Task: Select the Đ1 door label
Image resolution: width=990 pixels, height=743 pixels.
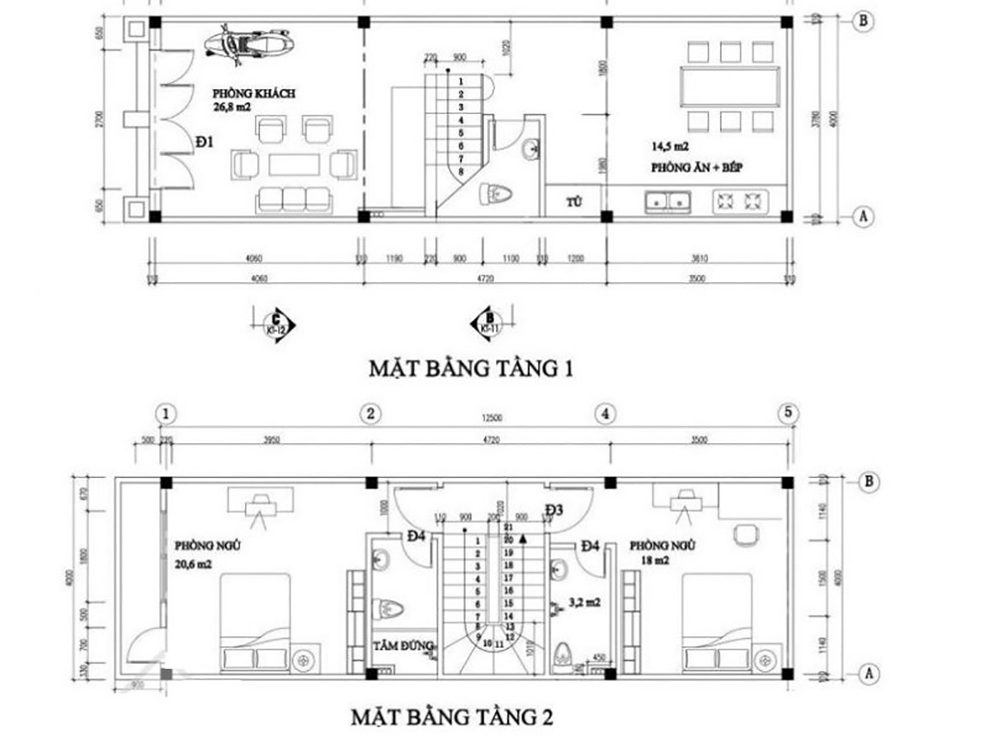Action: pos(205,142)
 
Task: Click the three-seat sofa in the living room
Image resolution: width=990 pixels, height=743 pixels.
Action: pos(293,198)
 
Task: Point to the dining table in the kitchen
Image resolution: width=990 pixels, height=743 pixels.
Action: pos(729,85)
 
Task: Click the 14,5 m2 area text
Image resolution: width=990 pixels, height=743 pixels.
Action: pos(667,147)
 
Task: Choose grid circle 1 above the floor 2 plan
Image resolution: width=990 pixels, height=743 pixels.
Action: pos(167,413)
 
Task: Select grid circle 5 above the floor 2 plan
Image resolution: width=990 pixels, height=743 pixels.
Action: pos(788,413)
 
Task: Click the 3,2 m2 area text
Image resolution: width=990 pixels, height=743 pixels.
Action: pos(584,603)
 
